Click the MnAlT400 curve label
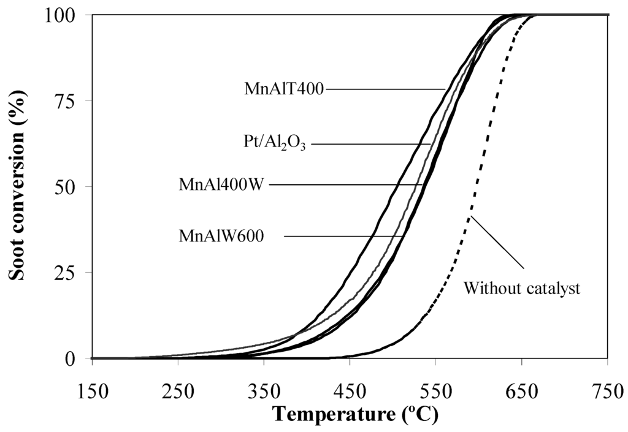click(284, 89)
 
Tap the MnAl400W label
click(221, 184)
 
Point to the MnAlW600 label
click(221, 235)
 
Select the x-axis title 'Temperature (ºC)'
click(356, 414)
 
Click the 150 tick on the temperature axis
click(92, 391)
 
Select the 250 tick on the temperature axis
click(178, 391)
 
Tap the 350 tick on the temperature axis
click(264, 391)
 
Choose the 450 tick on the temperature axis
click(350, 391)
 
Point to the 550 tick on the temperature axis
click(435, 391)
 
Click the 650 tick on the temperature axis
click(521, 391)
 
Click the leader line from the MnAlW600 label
click(343, 235)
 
